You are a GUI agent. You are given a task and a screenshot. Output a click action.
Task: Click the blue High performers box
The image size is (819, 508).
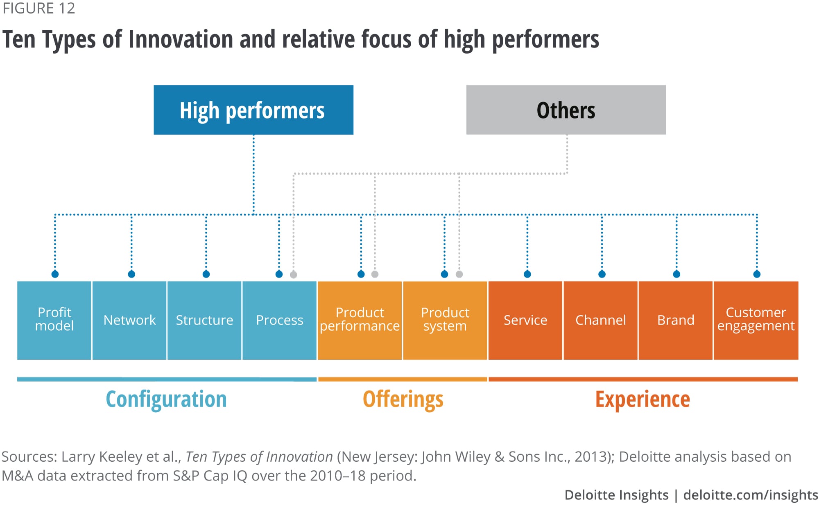point(253,110)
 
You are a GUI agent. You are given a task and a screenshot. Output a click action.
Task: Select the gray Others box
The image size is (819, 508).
point(566,110)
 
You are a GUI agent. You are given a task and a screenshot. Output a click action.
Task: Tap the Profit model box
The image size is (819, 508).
point(54,320)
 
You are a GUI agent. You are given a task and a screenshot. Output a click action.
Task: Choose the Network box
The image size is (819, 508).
point(129,320)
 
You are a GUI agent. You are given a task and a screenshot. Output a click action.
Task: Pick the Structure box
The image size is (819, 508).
point(204,320)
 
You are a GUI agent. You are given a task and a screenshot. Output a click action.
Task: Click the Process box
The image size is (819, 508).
point(279,320)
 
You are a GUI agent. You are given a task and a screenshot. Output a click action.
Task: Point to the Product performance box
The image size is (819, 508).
point(360,320)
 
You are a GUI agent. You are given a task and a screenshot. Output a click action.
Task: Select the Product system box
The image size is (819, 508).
point(445,320)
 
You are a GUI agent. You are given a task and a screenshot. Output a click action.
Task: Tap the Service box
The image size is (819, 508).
point(525,320)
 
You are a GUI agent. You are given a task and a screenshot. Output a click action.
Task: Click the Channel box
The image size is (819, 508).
point(600,320)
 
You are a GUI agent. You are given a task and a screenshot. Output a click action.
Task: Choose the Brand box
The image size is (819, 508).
point(675,320)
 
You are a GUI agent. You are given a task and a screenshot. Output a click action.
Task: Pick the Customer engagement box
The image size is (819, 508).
point(756,320)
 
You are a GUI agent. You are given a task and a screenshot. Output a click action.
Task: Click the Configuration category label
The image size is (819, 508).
point(166,399)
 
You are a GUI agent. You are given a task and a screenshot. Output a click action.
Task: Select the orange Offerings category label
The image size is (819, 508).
point(403,399)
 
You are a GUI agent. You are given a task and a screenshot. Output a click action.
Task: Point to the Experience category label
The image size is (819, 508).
point(643,399)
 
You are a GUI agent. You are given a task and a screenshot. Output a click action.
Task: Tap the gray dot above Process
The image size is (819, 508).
point(294,275)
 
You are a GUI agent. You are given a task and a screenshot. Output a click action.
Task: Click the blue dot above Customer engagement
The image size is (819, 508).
point(757,274)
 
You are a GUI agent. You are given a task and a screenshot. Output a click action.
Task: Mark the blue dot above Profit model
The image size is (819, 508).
point(55,274)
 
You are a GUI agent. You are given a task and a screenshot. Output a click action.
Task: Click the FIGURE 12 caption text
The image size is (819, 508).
point(39,9)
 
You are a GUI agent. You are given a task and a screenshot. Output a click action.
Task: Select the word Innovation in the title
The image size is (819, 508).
point(181,39)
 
